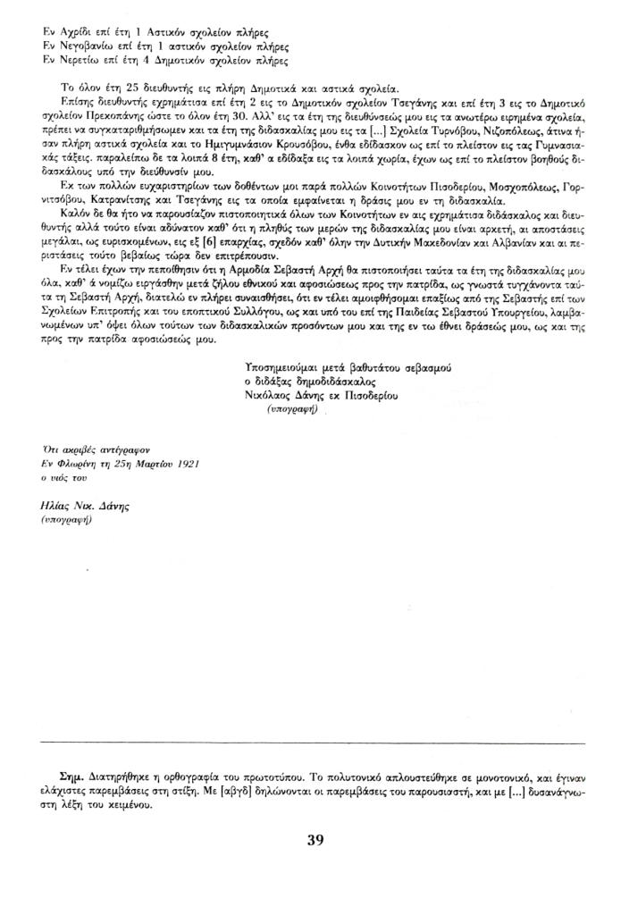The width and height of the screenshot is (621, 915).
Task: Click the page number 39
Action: click(314, 839)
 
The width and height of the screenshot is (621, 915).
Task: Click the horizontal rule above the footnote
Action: click(314, 743)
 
